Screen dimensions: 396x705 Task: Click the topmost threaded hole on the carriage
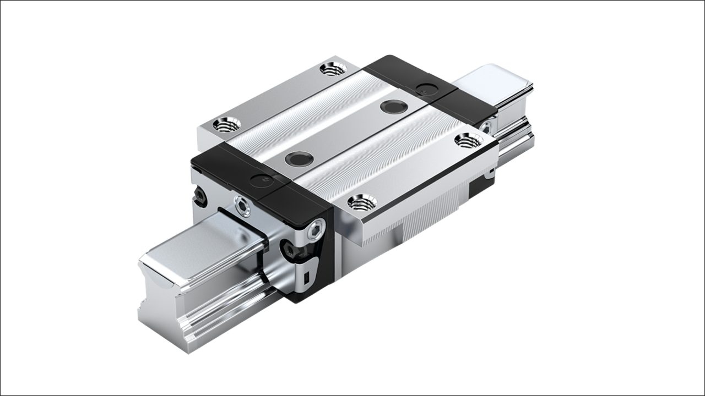click(x=333, y=70)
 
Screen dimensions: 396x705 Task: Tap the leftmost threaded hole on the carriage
click(x=226, y=125)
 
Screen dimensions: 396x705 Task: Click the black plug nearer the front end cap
click(x=300, y=159)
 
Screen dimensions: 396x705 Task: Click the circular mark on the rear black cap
click(x=424, y=87)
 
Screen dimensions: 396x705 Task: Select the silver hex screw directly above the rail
click(x=242, y=206)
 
